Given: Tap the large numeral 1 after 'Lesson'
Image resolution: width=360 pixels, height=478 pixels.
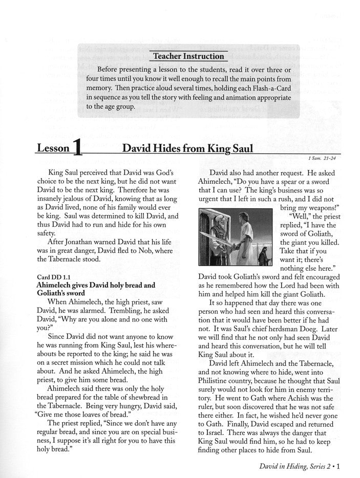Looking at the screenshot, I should click(x=77, y=149).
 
